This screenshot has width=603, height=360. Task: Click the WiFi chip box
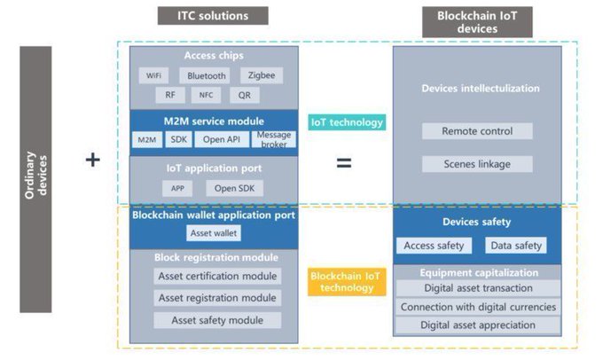pyautogui.click(x=153, y=75)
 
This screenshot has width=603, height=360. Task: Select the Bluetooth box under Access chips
pyautogui.click(x=205, y=75)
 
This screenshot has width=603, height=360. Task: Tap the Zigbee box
pyautogui.click(x=262, y=75)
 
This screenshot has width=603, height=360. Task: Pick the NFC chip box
pyautogui.click(x=206, y=95)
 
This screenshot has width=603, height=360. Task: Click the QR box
pyautogui.click(x=245, y=95)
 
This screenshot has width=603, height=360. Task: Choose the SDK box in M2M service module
pyautogui.click(x=179, y=139)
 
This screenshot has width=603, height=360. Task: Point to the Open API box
pyautogui.click(x=222, y=139)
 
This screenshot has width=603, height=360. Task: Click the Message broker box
pyautogui.click(x=274, y=139)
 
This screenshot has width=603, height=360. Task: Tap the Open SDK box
pyautogui.click(x=235, y=189)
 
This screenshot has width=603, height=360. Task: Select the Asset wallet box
pyautogui.click(x=214, y=233)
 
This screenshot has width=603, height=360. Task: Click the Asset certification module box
pyautogui.click(x=217, y=276)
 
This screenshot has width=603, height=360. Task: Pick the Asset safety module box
pyautogui.click(x=217, y=320)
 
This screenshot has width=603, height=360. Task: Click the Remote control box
pyautogui.click(x=477, y=131)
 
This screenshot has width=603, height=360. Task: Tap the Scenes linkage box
pyautogui.click(x=477, y=164)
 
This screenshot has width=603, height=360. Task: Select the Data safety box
pyautogui.click(x=516, y=246)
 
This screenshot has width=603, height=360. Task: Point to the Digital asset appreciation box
pyautogui.click(x=478, y=325)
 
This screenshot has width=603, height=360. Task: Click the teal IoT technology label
pyautogui.click(x=347, y=122)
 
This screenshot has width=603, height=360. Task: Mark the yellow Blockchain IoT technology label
pyautogui.click(x=347, y=282)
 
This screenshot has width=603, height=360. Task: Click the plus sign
pyautogui.click(x=93, y=160)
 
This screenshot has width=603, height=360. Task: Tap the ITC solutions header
pyautogui.click(x=213, y=16)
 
